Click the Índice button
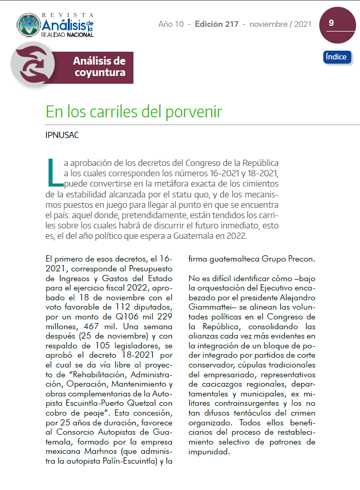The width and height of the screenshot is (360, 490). pos(337,57)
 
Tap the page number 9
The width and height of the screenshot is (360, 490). pos(331,23)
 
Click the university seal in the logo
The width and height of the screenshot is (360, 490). pos(28,26)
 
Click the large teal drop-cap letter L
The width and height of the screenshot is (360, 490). pos(53,173)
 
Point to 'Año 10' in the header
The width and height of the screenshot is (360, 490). pos(172,24)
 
